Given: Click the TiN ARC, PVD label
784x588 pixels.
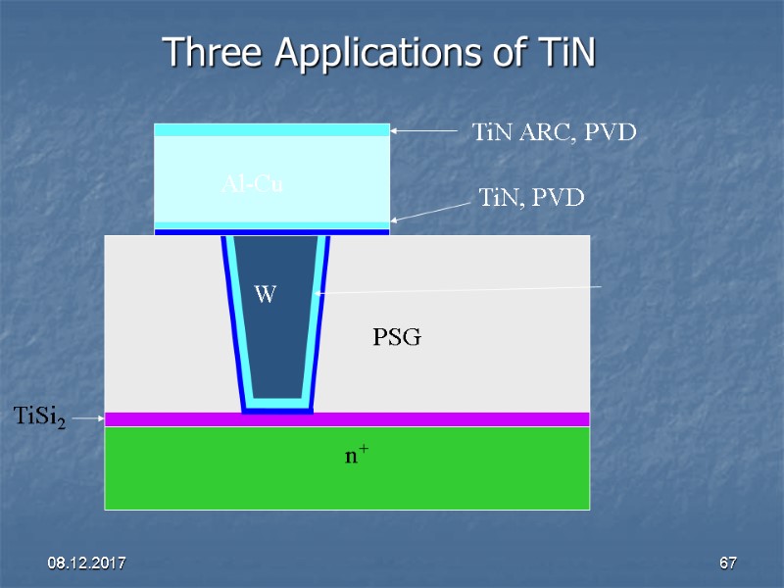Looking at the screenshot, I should [x=555, y=131].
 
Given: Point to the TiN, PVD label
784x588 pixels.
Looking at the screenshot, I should [x=531, y=199].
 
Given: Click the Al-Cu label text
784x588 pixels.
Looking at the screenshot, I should [x=252, y=182].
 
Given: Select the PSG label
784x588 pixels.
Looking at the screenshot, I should [x=396, y=338].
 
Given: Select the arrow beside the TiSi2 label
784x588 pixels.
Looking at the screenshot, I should [x=88, y=418].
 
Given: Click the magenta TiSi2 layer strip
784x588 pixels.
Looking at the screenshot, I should [x=441, y=419].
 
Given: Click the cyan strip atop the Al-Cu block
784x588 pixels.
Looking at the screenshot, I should [x=271, y=129].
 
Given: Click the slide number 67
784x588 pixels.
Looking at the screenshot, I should [x=727, y=563].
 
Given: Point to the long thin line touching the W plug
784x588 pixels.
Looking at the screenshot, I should [x=461, y=289].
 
